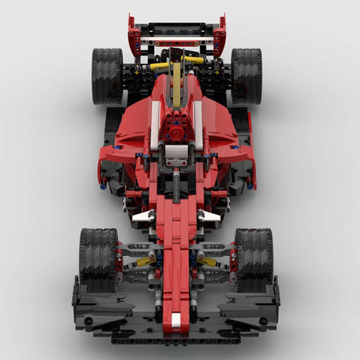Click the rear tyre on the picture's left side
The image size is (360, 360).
(x=107, y=76)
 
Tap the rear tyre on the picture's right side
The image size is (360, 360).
(x=247, y=76)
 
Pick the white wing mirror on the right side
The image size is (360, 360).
(x=208, y=216)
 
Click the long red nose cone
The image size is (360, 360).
(x=176, y=258)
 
